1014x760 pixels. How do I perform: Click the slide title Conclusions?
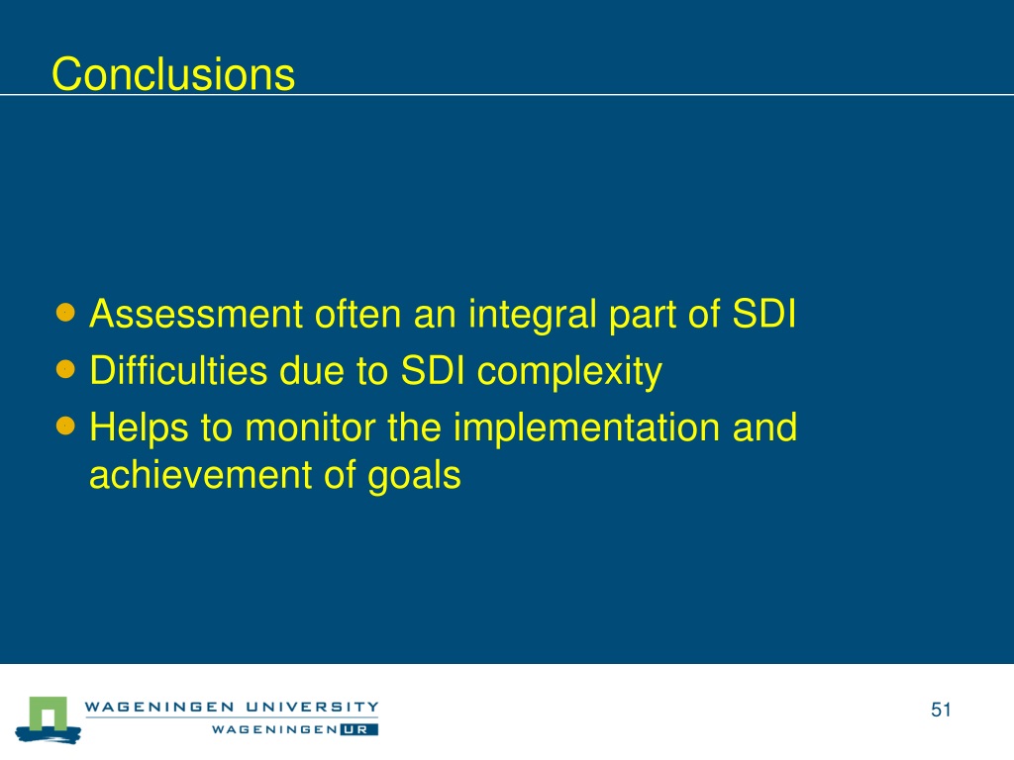173,74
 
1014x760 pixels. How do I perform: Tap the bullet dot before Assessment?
65,313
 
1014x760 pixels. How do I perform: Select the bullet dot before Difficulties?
65,370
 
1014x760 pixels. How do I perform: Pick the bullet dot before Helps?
65,426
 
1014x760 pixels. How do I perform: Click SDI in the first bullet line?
763,314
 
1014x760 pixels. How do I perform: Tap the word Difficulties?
178,371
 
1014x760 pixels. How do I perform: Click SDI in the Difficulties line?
433,371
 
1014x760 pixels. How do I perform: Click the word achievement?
200,475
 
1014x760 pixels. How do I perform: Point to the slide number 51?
941,710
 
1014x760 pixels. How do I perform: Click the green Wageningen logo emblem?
49,719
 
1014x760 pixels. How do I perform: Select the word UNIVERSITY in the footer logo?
312,707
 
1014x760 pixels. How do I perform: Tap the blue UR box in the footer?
358,729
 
